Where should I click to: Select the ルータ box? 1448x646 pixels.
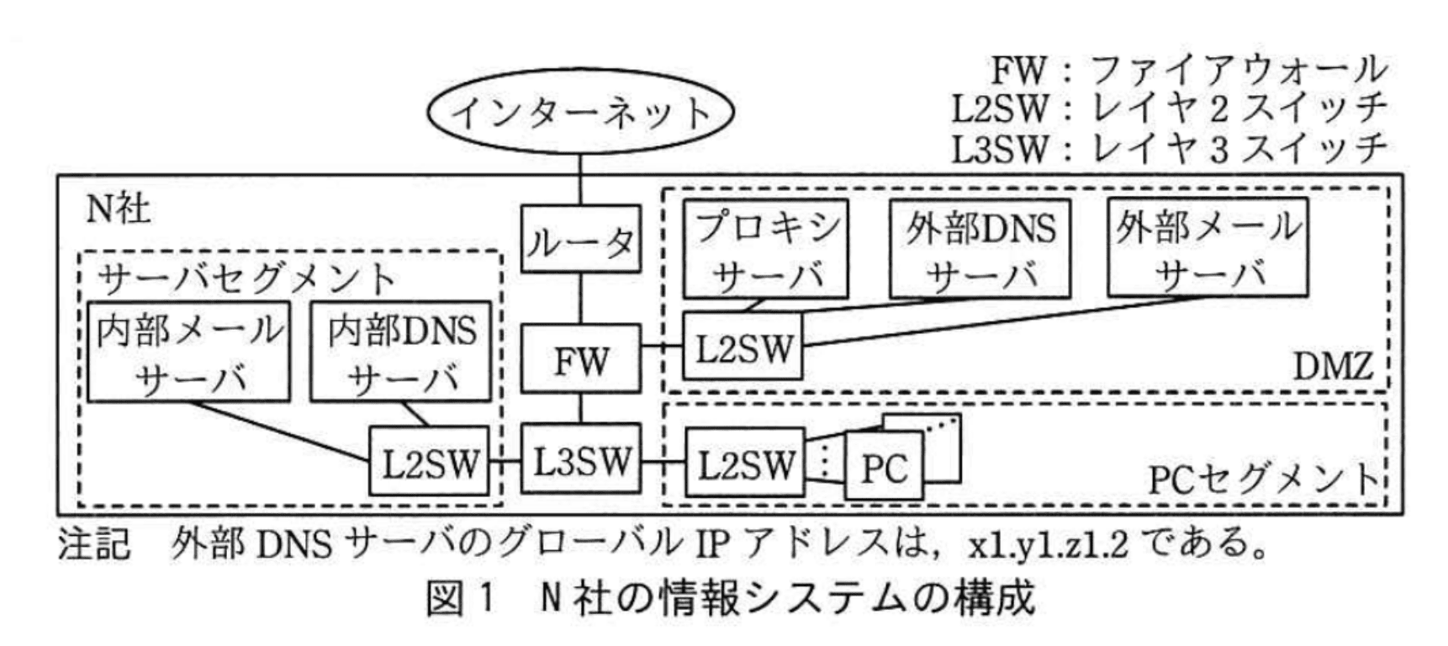click(x=580, y=240)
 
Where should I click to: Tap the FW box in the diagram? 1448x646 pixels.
click(x=580, y=359)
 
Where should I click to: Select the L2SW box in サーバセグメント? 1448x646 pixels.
click(x=430, y=462)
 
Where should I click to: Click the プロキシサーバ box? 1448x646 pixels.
click(x=765, y=248)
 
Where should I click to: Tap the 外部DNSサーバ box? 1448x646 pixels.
click(x=980, y=248)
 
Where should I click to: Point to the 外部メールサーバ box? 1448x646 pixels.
click(x=1208, y=247)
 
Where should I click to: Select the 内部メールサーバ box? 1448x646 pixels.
click(x=190, y=352)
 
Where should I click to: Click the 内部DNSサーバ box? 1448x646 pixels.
click(x=401, y=352)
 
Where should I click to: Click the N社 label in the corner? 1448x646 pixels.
click(x=118, y=207)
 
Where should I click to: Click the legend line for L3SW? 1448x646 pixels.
click(x=1169, y=150)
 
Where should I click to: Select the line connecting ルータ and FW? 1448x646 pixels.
click(x=580, y=299)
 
